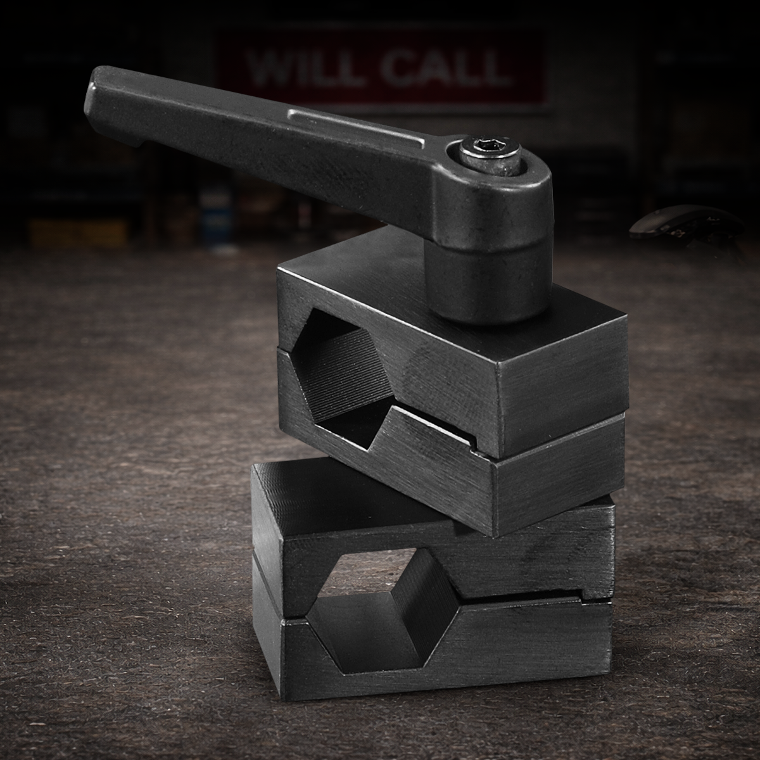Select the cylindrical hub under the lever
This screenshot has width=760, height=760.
[x=484, y=279]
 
